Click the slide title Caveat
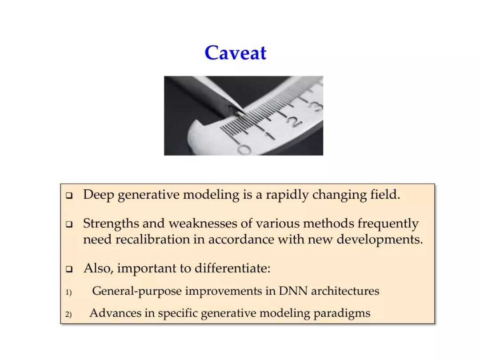pyautogui.click(x=236, y=52)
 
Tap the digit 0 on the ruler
pyautogui.click(x=244, y=149)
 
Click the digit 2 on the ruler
pyautogui.click(x=293, y=123)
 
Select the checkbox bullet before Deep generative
pyautogui.click(x=69, y=196)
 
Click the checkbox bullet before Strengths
pyautogui.click(x=69, y=224)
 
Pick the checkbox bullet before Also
pyautogui.click(x=69, y=269)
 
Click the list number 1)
pyautogui.click(x=68, y=292)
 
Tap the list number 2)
pyautogui.click(x=68, y=314)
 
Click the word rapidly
pyautogui.click(x=287, y=195)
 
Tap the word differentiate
pyautogui.click(x=232, y=268)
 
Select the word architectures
pyautogui.click(x=345, y=291)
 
